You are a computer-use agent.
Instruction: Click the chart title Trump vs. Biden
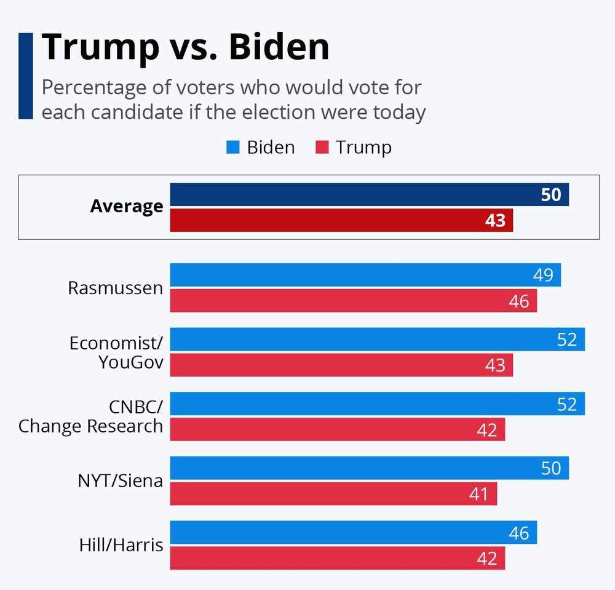pos(185,47)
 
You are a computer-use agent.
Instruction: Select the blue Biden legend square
pos(232,148)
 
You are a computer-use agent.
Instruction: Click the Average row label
pos(127,207)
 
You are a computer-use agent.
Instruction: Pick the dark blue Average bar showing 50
pos(369,194)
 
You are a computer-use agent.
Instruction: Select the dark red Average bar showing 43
pos(341,220)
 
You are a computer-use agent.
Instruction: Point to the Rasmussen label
pos(116,287)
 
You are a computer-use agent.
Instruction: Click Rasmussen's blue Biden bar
pos(365,275)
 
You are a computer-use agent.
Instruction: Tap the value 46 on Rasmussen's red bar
pos(519,301)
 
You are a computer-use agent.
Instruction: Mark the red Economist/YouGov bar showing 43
pos(341,365)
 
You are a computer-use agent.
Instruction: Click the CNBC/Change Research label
pos(91,417)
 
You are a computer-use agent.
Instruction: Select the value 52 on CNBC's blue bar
pos(567,404)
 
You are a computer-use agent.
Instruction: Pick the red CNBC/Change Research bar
pos(337,429)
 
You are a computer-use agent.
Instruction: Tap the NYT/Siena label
pos(121,480)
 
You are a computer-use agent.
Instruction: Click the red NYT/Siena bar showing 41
pos(333,493)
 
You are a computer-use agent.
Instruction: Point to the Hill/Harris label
pos(121,545)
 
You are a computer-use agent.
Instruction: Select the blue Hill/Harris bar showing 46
pos(353,532)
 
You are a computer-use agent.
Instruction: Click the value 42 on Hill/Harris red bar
pos(487,559)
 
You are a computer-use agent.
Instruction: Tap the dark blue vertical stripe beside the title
pos(25,76)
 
